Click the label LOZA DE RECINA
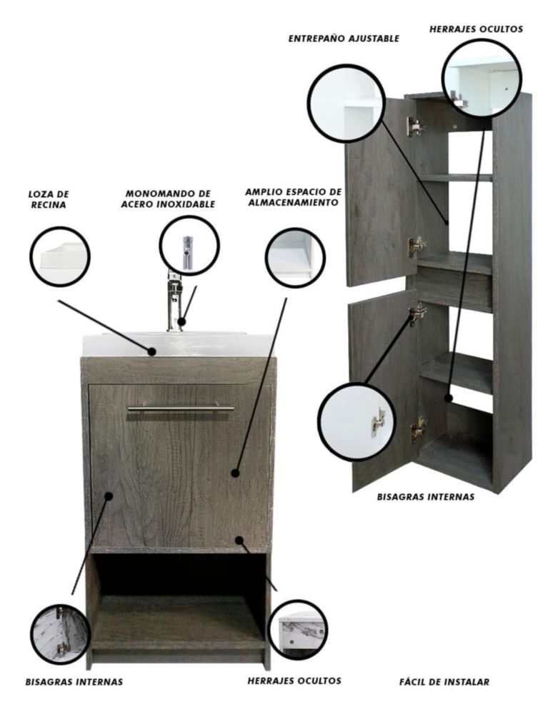pyautogui.click(x=49, y=199)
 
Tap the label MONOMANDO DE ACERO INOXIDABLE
pyautogui.click(x=168, y=199)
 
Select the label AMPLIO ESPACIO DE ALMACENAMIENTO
pyautogui.click(x=294, y=197)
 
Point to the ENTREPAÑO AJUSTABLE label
pyautogui.click(x=344, y=39)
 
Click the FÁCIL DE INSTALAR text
pyautogui.click(x=444, y=682)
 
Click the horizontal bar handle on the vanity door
pyautogui.click(x=180, y=408)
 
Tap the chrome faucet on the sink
pyautogui.click(x=174, y=301)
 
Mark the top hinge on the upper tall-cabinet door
pyautogui.click(x=415, y=126)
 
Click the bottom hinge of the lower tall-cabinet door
pyautogui.click(x=418, y=428)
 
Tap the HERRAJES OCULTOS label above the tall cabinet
pyautogui.click(x=476, y=29)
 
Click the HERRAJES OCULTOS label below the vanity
pyautogui.click(x=294, y=680)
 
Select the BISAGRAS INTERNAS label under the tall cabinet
pyautogui.click(x=425, y=497)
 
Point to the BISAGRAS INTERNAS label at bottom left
pyautogui.click(x=74, y=682)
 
